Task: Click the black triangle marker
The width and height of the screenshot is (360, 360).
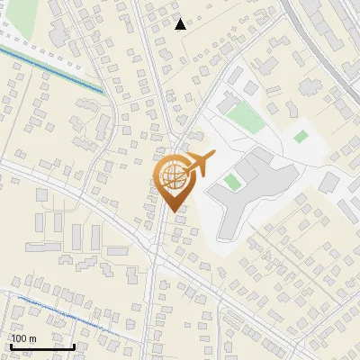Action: tap(181, 24)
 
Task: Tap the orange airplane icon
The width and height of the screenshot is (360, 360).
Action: tap(201, 165)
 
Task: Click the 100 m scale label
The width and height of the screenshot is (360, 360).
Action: tap(23, 338)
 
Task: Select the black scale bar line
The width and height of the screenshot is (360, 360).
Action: tap(42, 346)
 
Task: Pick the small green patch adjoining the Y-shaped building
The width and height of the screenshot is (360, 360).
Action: tap(233, 182)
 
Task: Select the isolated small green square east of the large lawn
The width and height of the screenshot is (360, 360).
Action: tap(301, 137)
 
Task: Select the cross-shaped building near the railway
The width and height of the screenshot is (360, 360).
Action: tap(308, 88)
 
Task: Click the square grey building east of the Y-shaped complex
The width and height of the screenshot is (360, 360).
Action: tap(328, 183)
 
